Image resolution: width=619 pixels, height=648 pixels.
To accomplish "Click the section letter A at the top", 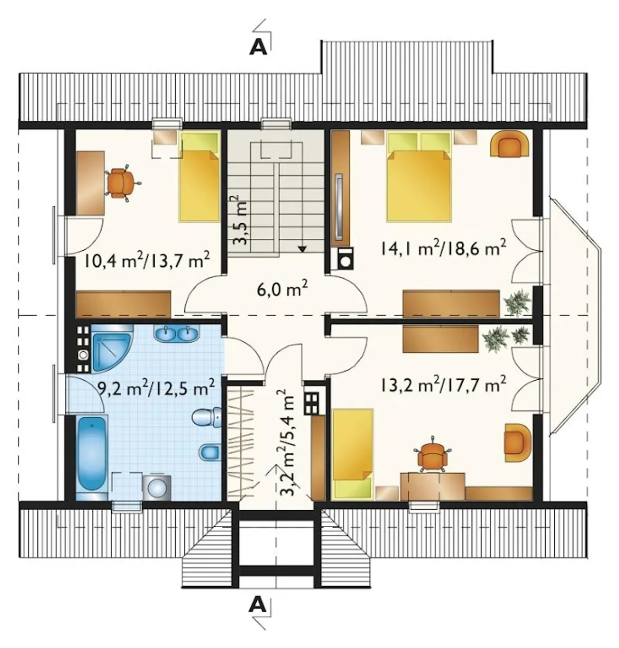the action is click(x=258, y=48).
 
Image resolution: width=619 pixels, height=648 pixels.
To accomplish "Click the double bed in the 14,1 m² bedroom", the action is click(x=419, y=176).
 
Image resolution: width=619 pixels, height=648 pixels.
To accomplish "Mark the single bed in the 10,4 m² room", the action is click(x=199, y=176).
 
